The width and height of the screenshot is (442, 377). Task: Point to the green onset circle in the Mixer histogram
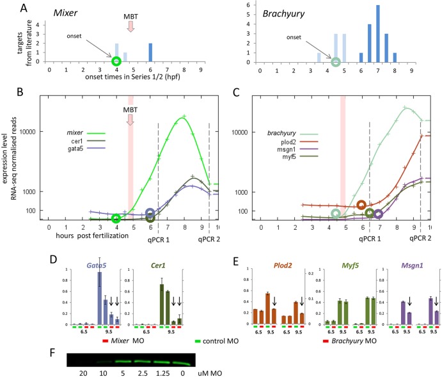pyautogui.click(x=116, y=61)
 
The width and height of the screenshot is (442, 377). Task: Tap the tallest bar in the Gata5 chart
pyautogui.click(x=99, y=294)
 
